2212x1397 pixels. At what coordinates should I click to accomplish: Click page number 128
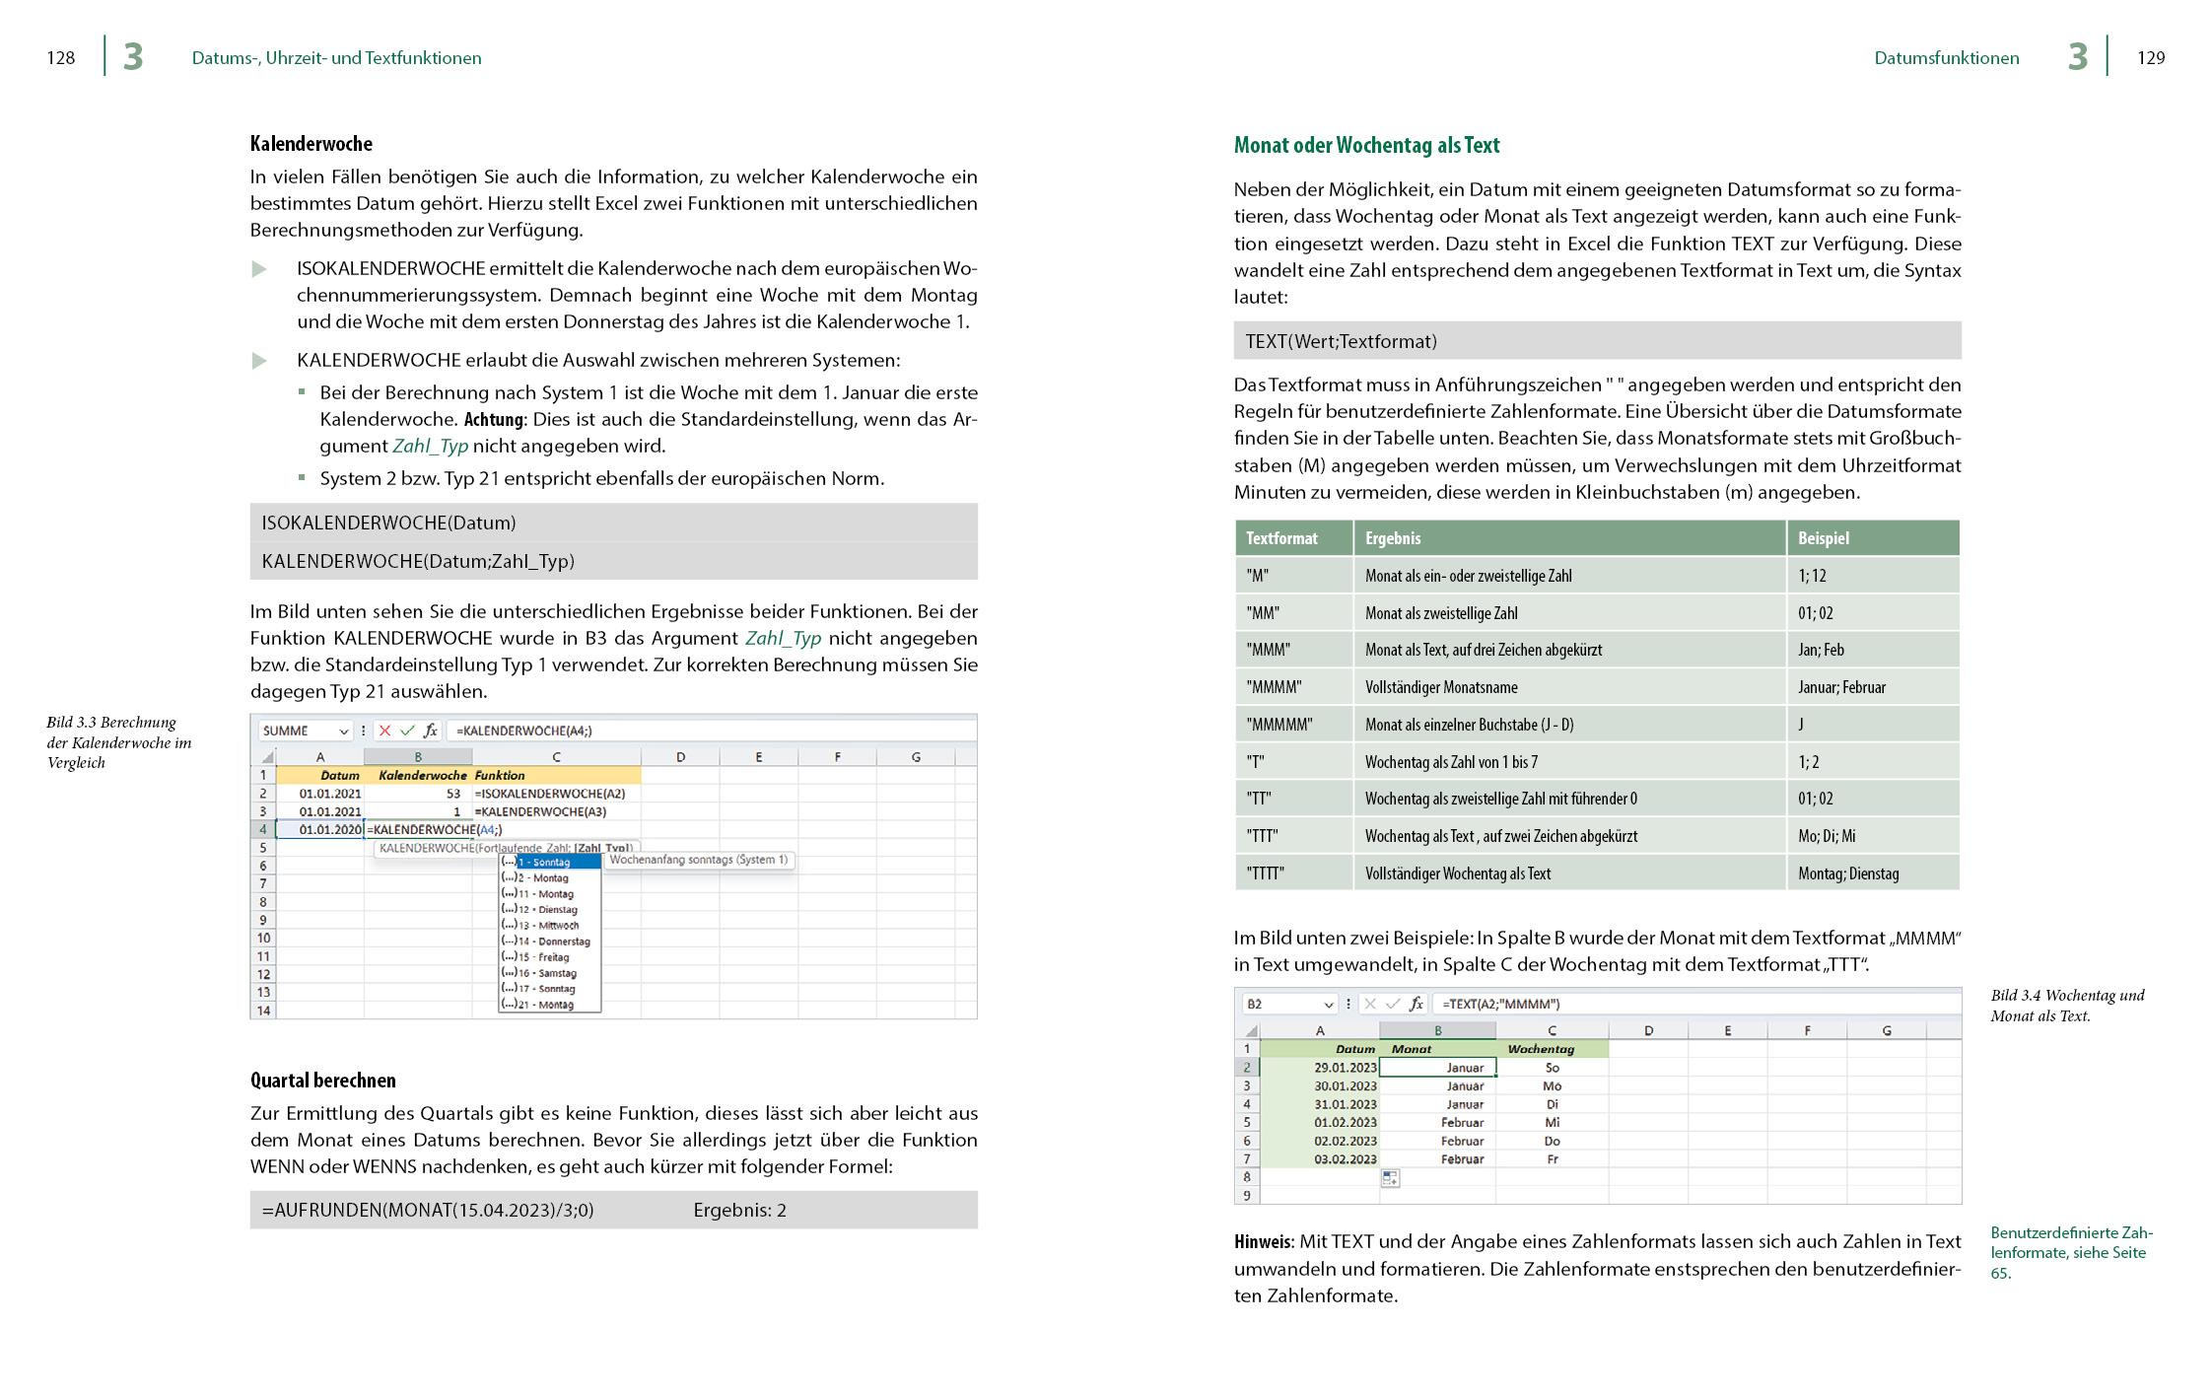click(x=61, y=58)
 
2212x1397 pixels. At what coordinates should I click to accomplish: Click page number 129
click(x=2150, y=58)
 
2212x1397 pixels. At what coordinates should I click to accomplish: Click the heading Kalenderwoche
click(x=311, y=144)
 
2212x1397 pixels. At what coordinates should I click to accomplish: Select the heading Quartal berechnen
click(x=322, y=1081)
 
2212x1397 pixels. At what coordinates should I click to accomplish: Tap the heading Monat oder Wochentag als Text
click(x=1366, y=146)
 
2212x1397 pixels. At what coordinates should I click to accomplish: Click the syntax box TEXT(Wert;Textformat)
click(x=1341, y=341)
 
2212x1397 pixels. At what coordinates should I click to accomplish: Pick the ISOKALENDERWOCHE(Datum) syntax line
click(x=388, y=523)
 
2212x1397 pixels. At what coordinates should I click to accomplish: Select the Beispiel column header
click(x=1823, y=538)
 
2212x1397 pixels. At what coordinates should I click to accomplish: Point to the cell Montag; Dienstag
click(x=1847, y=873)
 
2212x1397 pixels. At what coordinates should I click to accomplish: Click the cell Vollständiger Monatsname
click(x=1440, y=687)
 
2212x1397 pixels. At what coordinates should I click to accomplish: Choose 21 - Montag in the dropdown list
click(x=545, y=1005)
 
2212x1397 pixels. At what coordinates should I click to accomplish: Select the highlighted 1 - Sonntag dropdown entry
click(x=550, y=862)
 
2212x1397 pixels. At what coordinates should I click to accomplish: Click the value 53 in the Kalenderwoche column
click(x=452, y=794)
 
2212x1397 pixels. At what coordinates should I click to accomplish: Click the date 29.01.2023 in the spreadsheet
click(x=1345, y=1068)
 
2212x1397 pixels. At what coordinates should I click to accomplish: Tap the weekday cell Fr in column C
click(x=1552, y=1159)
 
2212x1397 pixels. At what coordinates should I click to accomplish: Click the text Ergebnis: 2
click(x=739, y=1211)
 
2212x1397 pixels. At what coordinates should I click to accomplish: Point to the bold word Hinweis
click(x=1262, y=1242)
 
